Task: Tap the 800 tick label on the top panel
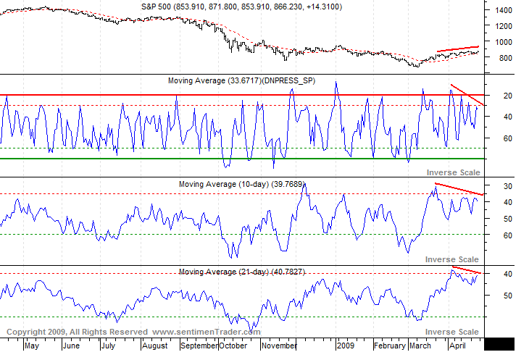click(x=502, y=57)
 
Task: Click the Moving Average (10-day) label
click(x=241, y=185)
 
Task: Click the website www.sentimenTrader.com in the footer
click(x=207, y=332)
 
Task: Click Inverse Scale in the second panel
click(x=452, y=172)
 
